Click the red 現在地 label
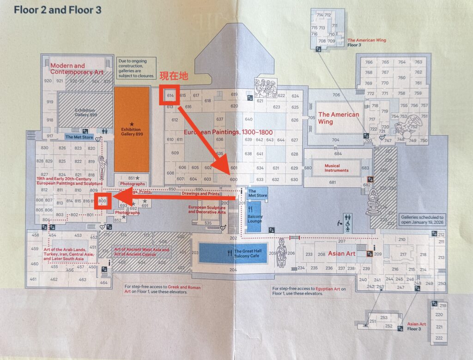click(x=174, y=76)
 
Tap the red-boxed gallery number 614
click(x=170, y=96)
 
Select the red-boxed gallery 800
click(x=103, y=201)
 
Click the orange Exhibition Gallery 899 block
click(x=132, y=129)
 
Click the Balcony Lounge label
click(x=255, y=219)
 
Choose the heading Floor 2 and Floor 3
click(x=58, y=10)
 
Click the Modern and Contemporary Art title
click(x=74, y=69)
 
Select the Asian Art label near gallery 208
click(x=341, y=253)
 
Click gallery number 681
click(x=332, y=183)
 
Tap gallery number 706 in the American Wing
click(x=336, y=95)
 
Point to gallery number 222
click(x=439, y=338)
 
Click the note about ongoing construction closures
click(x=134, y=67)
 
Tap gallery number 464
click(x=103, y=282)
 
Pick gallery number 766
click(x=369, y=62)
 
